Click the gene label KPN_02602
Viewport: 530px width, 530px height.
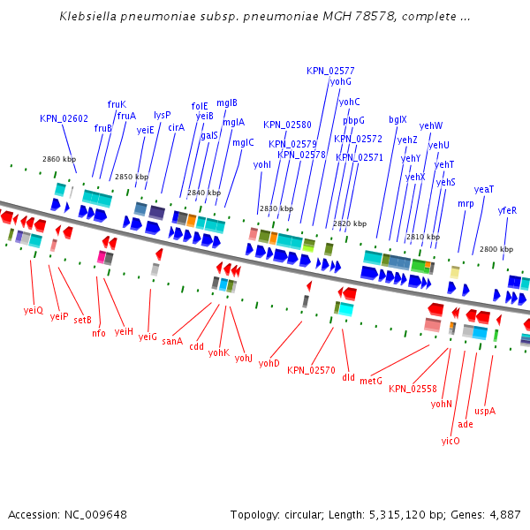[64, 118]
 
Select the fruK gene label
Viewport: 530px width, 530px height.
[117, 104]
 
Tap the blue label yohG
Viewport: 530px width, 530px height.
[340, 82]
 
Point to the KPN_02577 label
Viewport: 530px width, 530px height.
[330, 71]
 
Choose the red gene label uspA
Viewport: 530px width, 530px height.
[485, 411]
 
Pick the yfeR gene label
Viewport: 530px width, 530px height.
[507, 210]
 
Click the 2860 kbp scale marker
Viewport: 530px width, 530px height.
[59, 159]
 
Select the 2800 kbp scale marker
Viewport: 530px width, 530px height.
[496, 249]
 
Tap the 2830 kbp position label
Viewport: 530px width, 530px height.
[276, 208]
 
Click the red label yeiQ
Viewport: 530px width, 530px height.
[33, 310]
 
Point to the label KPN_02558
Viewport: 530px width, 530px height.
[413, 389]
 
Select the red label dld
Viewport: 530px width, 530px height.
[348, 376]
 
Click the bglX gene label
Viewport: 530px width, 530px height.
[397, 119]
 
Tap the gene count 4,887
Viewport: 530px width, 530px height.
[503, 514]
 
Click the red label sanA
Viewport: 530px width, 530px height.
[172, 341]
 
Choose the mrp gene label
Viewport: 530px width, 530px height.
[466, 204]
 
